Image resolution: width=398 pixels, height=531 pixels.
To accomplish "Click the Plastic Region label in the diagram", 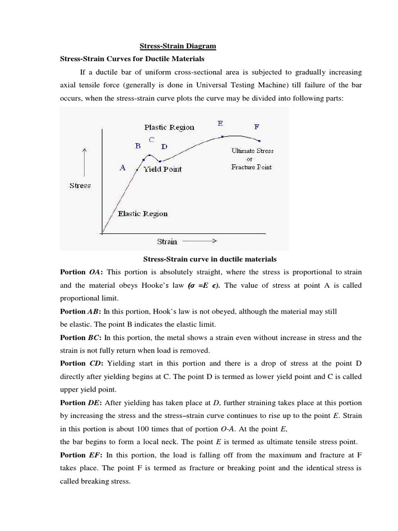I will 169,127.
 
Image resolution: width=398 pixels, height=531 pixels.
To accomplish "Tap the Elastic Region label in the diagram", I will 143,214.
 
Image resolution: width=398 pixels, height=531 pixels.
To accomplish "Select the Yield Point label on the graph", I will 163,169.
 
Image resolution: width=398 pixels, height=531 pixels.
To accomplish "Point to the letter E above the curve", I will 220,123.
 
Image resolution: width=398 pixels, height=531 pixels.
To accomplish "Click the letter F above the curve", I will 258,127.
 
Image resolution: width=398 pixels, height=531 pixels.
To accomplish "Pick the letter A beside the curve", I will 123,167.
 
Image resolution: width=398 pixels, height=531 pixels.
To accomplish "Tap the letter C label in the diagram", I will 151,139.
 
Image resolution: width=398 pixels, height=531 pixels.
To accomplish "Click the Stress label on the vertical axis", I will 80,185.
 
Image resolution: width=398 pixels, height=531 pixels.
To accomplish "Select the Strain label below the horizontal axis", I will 167,241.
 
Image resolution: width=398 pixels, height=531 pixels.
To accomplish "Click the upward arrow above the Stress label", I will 84,161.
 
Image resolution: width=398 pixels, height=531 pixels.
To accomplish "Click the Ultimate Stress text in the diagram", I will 252,151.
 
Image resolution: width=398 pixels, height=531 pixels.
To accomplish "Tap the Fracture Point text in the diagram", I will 251,167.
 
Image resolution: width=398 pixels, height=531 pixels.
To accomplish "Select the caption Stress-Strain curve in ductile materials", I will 209,259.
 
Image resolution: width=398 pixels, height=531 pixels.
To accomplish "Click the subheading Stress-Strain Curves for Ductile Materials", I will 132,59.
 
